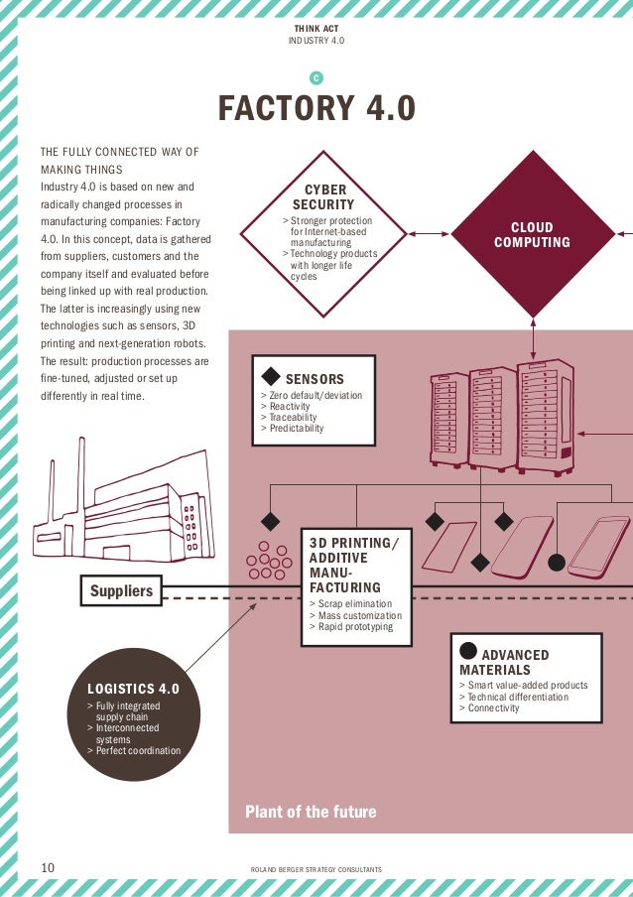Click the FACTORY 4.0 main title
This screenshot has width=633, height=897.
point(316,108)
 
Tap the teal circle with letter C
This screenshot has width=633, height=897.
point(316,77)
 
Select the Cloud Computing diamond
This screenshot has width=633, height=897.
point(533,235)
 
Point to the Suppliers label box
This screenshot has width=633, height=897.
point(122,591)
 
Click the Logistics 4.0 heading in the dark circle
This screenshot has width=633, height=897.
point(134,688)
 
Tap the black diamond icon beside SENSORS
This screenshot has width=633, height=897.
point(270,377)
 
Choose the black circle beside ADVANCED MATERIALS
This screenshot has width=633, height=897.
point(467,651)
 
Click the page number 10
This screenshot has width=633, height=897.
point(47,867)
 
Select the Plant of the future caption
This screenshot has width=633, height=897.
point(311,812)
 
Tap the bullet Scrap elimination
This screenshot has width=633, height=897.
point(350,603)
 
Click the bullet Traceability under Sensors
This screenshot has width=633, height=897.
point(288,418)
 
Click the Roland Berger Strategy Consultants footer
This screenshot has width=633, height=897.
point(317,870)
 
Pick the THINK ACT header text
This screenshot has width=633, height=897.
point(316,29)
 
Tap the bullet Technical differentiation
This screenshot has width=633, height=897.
point(513,697)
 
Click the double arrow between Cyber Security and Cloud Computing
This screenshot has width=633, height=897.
point(429,234)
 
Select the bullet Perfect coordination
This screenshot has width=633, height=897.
point(137,751)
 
